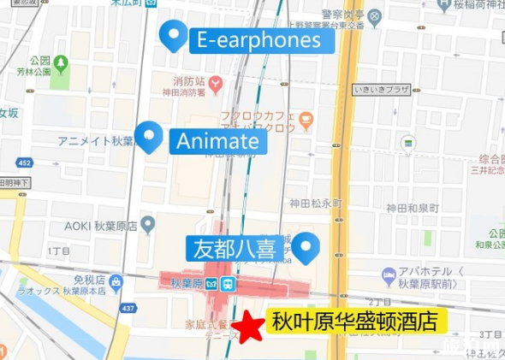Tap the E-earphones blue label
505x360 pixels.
point(258,39)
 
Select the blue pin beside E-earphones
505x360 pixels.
point(175,36)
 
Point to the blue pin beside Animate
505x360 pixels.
point(151,136)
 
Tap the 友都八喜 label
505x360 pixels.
point(231,249)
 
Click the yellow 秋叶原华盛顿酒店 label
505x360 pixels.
point(354,322)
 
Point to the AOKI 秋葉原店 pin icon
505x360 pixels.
point(148,225)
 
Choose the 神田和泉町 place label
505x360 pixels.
point(412,208)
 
